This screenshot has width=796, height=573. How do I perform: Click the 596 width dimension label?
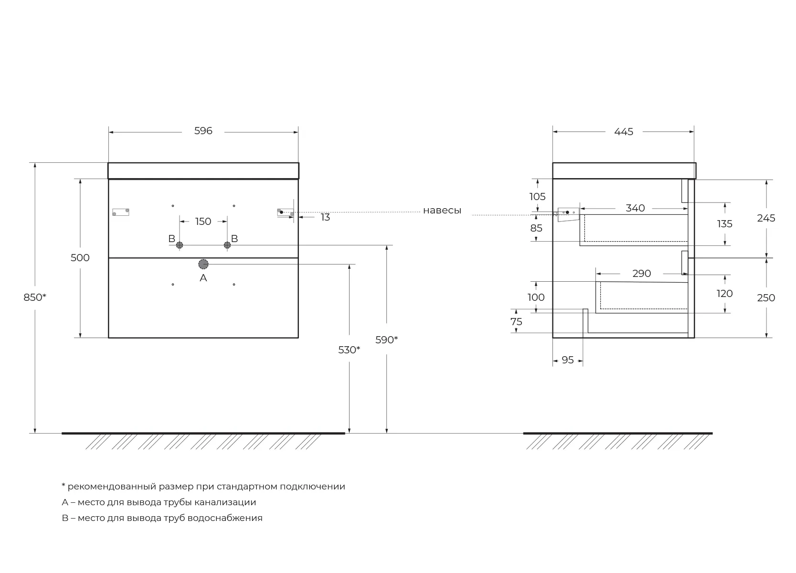[203, 131]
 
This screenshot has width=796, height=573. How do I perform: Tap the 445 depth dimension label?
[624, 132]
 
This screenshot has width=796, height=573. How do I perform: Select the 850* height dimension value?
[35, 297]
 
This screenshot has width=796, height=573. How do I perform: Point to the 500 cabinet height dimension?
[80, 258]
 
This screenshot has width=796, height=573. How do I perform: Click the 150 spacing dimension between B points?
[203, 222]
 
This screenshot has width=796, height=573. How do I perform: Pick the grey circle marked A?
[203, 264]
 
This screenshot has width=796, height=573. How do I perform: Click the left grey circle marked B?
[180, 245]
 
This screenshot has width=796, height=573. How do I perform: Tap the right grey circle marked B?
[227, 245]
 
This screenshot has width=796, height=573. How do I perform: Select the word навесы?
[442, 211]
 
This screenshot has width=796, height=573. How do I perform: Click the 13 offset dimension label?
[325, 217]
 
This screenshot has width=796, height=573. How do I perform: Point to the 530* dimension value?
[349, 350]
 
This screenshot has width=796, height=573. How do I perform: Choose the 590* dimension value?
[387, 340]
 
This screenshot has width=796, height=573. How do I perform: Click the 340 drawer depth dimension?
[635, 208]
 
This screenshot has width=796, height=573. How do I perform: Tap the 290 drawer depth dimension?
[641, 273]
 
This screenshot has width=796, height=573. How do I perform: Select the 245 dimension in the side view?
[766, 218]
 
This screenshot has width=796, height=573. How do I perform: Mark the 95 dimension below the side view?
[567, 360]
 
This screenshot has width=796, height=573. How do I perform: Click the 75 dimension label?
[516, 322]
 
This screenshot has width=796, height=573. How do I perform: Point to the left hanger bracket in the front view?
[121, 212]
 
